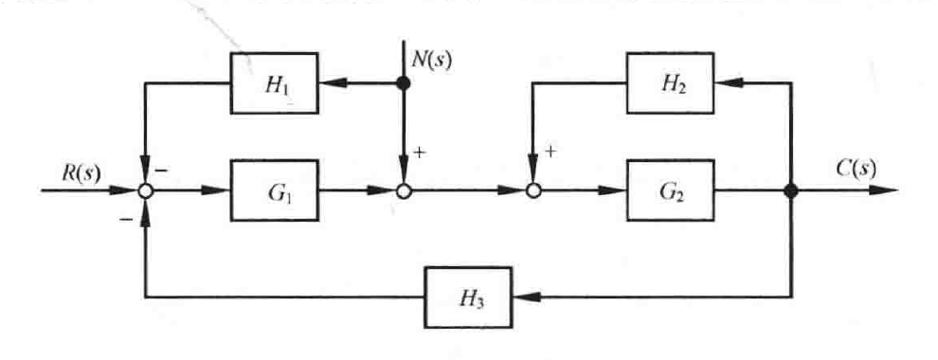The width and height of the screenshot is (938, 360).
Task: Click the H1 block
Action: point(275,83)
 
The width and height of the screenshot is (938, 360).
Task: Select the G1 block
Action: point(275,190)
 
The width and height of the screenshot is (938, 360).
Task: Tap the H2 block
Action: point(670,83)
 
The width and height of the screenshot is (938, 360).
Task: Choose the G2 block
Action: point(670,190)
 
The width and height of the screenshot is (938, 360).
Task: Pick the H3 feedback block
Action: point(468,297)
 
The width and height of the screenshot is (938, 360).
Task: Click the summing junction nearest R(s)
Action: point(145,190)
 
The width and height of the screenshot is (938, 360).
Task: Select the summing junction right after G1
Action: point(405,190)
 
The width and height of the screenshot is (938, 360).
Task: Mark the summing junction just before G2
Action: point(533,190)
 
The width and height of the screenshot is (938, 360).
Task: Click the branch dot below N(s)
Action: point(405,83)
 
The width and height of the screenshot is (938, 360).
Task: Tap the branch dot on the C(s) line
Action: point(792,190)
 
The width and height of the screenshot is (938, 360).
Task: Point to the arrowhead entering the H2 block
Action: point(726,83)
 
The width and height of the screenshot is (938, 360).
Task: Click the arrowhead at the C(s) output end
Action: point(886,190)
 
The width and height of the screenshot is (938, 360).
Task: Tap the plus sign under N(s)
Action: point(420,153)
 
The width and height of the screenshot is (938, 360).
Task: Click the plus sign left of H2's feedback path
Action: point(550,152)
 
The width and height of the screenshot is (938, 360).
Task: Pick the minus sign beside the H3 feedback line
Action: point(127,220)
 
